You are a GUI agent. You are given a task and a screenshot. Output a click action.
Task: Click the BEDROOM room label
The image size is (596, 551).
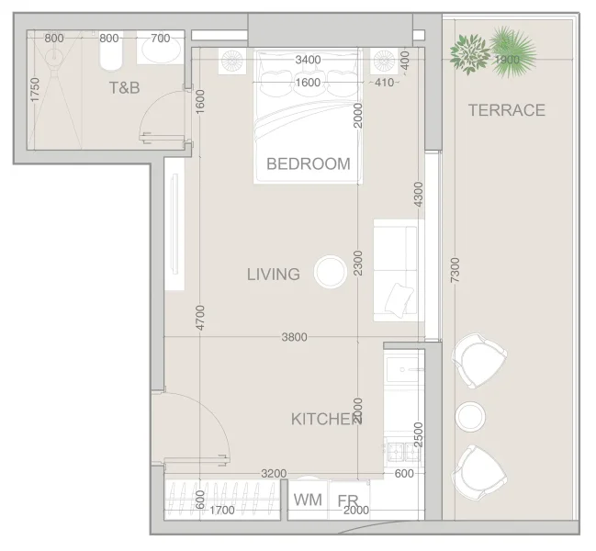(x=308, y=164)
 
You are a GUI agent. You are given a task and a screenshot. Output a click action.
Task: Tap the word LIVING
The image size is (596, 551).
(x=273, y=274)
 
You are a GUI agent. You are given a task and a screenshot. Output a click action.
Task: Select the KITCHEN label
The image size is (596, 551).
(x=326, y=420)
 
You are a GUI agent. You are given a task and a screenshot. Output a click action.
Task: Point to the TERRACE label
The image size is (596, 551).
(x=506, y=110)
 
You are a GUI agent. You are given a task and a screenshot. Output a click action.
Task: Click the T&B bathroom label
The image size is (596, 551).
(x=125, y=89)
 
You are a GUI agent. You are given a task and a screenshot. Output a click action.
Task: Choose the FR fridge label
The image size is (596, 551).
(x=347, y=501)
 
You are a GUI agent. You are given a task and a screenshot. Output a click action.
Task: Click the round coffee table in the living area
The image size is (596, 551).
(x=329, y=272)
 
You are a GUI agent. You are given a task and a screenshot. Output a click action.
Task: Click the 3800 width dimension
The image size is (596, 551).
(x=294, y=337)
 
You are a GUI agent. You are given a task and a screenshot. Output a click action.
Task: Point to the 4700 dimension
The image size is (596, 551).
(x=200, y=317)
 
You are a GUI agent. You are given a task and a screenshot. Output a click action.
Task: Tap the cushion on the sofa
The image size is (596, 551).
(x=399, y=298)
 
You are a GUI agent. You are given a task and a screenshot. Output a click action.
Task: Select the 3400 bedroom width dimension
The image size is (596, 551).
(x=308, y=61)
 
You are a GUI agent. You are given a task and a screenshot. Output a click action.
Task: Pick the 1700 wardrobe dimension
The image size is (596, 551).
(x=221, y=511)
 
